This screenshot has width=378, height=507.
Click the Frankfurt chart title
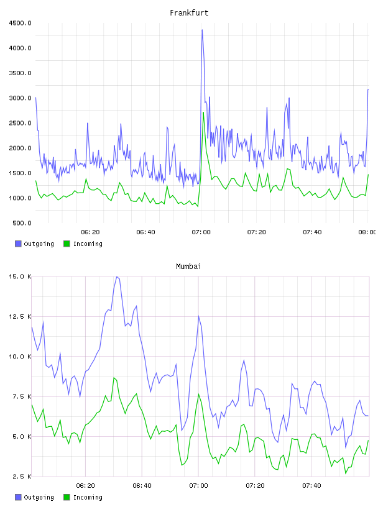tap(189, 13)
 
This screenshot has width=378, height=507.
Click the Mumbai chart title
tap(188, 267)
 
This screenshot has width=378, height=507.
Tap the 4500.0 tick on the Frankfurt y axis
tap(20, 23)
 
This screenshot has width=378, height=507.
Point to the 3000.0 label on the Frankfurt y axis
tap(20, 98)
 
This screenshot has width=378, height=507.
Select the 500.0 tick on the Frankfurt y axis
tap(22, 223)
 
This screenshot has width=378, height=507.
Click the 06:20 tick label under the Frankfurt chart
tap(90, 232)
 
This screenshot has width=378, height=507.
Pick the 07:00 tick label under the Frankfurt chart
tap(201, 232)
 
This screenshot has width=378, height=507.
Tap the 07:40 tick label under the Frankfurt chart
tap(312, 232)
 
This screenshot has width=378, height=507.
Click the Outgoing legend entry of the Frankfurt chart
tap(34, 244)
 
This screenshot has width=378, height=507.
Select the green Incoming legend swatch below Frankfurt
tap(67, 244)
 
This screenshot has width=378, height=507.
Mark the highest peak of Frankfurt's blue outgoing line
tap(202, 30)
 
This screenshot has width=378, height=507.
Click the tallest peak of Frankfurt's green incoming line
tap(203, 112)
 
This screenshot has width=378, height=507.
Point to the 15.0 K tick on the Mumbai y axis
tap(20, 276)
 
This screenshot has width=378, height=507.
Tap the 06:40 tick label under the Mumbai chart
tap(142, 486)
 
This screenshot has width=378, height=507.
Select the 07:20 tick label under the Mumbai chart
tap(255, 486)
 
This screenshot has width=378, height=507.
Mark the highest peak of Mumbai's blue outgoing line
tap(117, 276)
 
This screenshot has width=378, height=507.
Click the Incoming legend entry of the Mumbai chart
tap(83, 497)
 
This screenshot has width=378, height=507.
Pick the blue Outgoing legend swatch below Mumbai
tap(18, 497)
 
